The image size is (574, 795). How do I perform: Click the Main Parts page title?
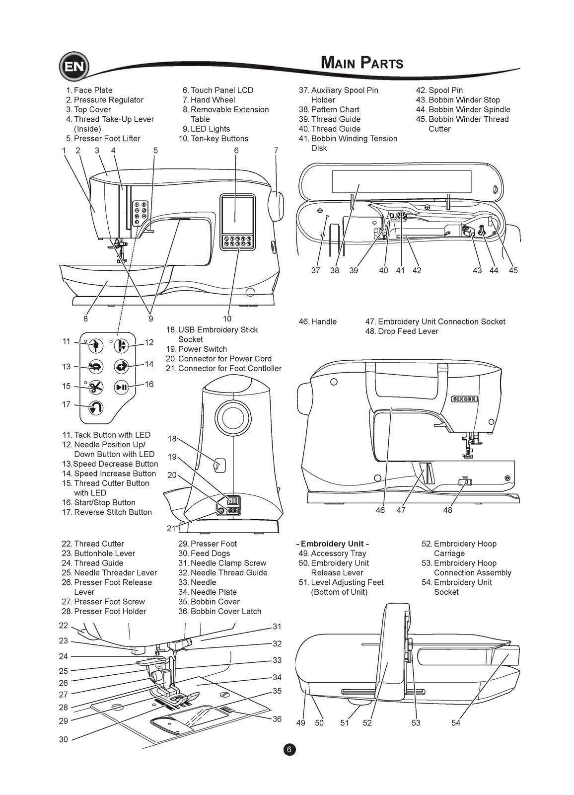[361, 63]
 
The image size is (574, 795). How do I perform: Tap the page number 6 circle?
[289, 750]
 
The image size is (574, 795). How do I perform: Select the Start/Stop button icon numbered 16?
[122, 387]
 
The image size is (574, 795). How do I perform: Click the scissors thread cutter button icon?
[96, 387]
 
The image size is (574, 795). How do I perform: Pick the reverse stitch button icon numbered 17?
[96, 408]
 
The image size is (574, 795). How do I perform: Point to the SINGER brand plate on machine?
[464, 399]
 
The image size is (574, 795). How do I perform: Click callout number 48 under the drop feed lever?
[447, 510]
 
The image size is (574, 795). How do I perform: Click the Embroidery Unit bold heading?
[334, 544]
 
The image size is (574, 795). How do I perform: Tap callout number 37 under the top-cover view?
[316, 270]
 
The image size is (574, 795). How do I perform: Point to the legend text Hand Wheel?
[213, 100]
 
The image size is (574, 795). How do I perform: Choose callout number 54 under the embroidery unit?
[456, 723]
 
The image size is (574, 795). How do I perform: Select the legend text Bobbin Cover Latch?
[225, 611]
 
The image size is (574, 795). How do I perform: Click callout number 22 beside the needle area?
[64, 626]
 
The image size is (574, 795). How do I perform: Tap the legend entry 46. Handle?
[318, 321]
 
